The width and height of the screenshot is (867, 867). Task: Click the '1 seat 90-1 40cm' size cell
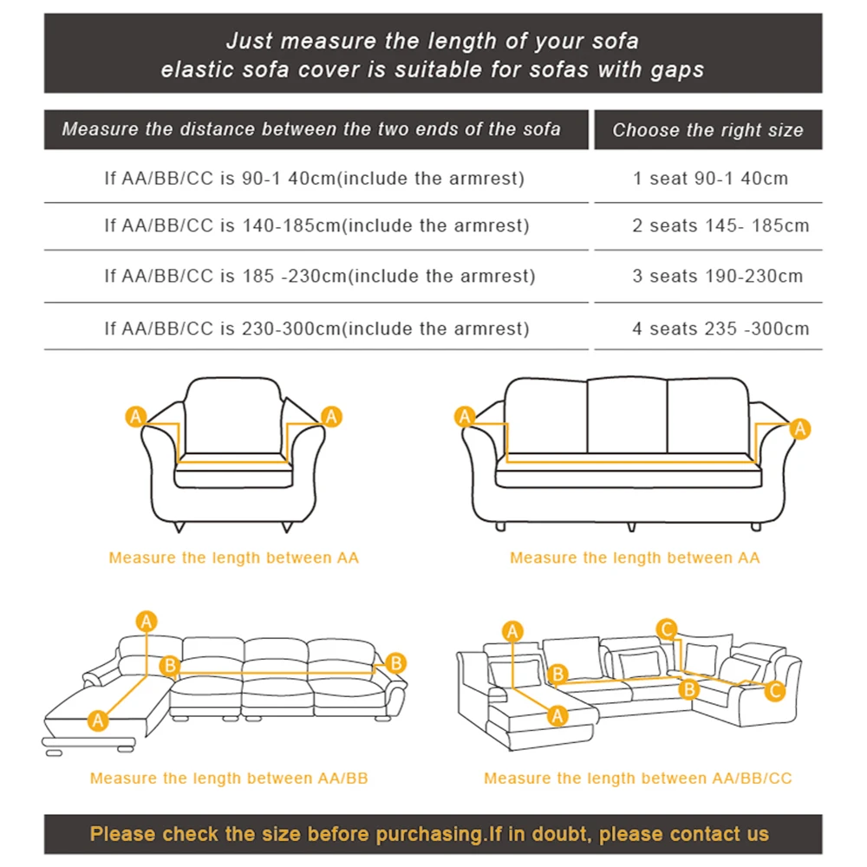coord(710,179)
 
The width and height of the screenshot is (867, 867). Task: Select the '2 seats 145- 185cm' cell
coord(720,226)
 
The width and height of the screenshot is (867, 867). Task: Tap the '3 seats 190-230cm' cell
coord(717,277)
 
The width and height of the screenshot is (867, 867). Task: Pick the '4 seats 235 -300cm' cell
coord(720,329)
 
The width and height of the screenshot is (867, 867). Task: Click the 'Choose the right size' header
coord(707,131)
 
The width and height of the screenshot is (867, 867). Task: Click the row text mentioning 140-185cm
coord(316,226)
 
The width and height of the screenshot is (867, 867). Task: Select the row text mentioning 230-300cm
coord(316,329)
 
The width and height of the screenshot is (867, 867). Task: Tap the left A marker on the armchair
coord(135,417)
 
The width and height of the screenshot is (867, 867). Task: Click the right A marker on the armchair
coord(331,417)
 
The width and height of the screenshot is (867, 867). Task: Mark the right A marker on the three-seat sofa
coord(800,427)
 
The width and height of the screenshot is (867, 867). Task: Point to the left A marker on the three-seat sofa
coord(465,417)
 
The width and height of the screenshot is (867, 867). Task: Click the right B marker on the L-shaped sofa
coord(395,663)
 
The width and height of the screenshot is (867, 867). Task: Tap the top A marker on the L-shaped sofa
coord(147,621)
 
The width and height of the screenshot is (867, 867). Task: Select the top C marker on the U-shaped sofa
coord(666,629)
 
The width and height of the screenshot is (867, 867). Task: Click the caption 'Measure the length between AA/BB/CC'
coord(637,779)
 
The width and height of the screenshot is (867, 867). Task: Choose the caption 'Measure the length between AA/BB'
coord(229,779)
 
